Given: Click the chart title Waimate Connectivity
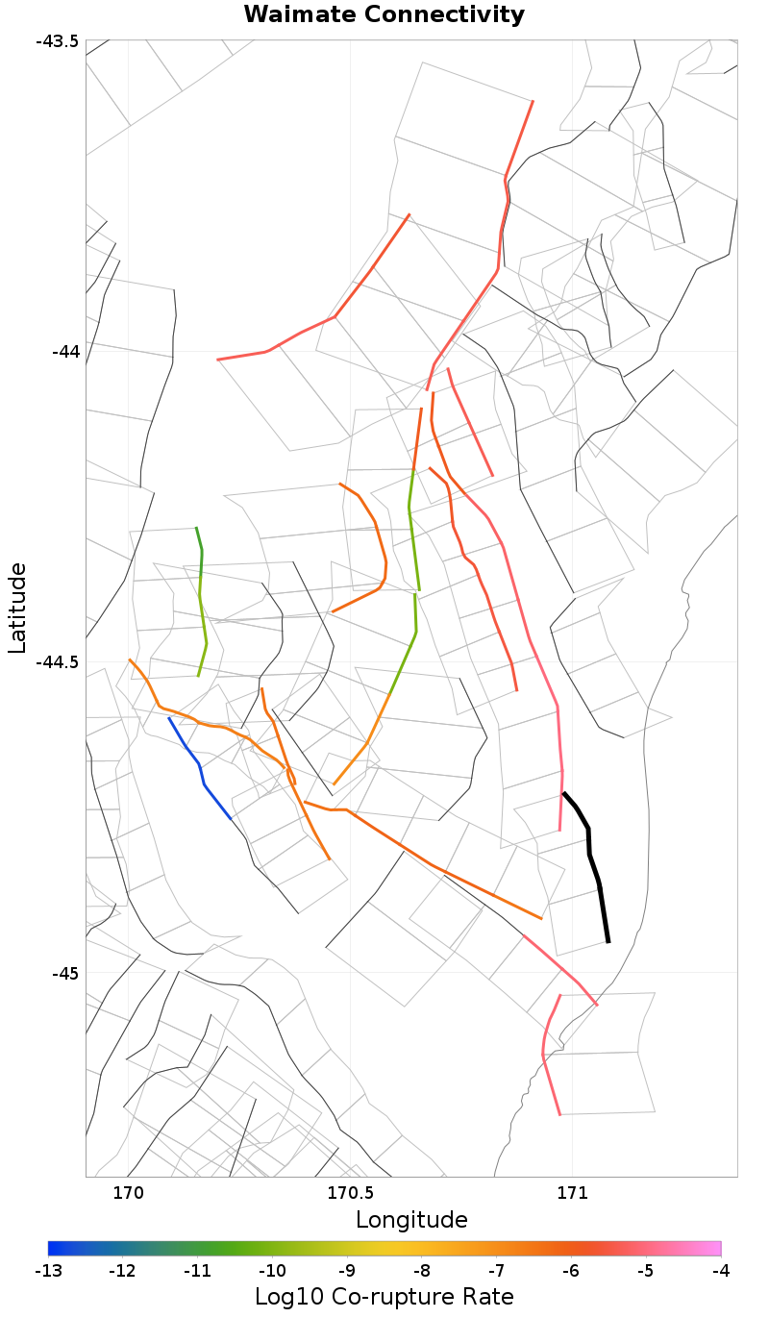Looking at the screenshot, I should click(384, 14).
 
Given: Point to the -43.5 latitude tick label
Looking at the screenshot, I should click(57, 41).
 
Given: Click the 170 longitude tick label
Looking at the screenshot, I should click(128, 1194).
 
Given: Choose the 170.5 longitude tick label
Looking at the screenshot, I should click(350, 1194).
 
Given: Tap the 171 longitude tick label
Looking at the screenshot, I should click(572, 1194).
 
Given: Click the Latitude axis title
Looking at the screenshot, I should click(18, 608).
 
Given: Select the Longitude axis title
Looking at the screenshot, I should click(411, 1220).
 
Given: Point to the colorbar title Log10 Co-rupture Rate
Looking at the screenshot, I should click(384, 1296).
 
